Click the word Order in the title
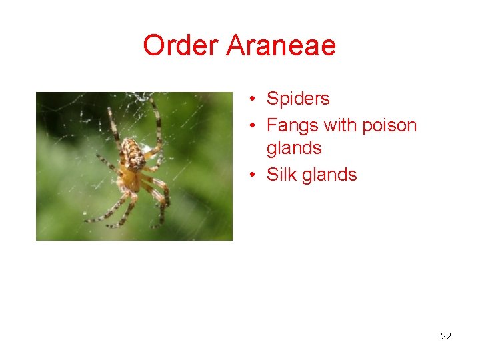181,46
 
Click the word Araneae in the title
281,46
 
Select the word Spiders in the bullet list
298,99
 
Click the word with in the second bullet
340,125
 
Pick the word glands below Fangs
294,149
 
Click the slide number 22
446,336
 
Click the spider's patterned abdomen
135,155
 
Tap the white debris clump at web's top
141,97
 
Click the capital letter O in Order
155,46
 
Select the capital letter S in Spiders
273,99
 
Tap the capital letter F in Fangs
272,125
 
